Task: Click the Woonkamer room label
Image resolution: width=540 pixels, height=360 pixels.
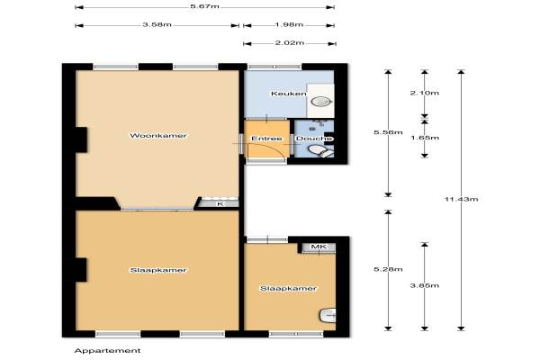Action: [158, 135]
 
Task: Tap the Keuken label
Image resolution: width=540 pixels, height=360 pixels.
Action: [289, 94]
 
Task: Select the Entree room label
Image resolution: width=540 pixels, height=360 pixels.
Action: [266, 139]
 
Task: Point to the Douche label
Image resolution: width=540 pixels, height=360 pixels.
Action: [314, 139]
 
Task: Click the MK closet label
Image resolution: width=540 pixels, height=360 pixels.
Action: [319, 247]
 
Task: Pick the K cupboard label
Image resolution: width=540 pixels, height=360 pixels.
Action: [220, 204]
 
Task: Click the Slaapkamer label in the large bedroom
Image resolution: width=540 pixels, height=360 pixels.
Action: [158, 270]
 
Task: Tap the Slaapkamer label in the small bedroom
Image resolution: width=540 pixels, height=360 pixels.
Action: [288, 288]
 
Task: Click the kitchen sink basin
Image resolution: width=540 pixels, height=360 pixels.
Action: [321, 102]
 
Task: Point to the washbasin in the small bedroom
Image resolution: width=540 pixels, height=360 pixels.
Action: [328, 315]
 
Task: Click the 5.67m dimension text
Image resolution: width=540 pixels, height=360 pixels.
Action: [205, 6]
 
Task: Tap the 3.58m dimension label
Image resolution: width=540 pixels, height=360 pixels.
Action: [157, 25]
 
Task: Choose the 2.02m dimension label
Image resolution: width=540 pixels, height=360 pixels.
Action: [290, 43]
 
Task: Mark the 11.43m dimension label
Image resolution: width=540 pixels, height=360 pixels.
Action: [461, 199]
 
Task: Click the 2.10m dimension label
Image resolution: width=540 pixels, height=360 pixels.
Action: [425, 93]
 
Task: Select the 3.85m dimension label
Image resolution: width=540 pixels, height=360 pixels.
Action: [425, 285]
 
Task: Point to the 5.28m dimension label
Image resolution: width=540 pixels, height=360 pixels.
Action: [388, 269]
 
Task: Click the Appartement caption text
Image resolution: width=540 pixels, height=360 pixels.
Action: [107, 351]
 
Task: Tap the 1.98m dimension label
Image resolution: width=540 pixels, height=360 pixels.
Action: [289, 25]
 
